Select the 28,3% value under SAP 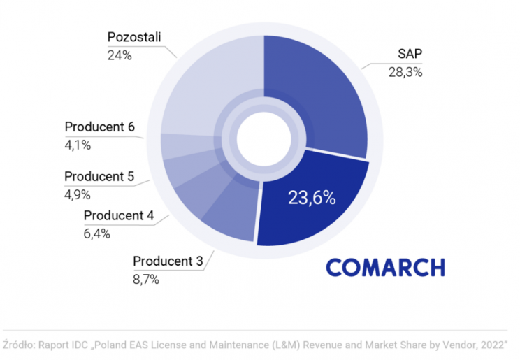coord(405,72)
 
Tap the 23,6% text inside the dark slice coord(312,198)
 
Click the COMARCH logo coord(385,268)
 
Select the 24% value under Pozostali coord(120,54)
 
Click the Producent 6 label coord(99,127)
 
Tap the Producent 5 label coord(99,177)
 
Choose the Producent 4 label coord(118,216)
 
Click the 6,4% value coord(97,233)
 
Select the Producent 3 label coord(168,262)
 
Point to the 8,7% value coord(146,280)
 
